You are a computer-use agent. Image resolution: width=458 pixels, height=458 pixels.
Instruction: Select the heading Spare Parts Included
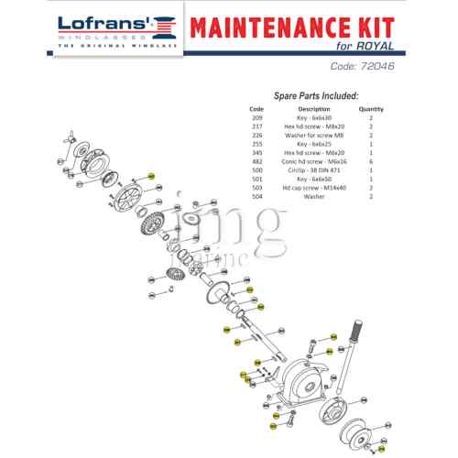coord(315,95)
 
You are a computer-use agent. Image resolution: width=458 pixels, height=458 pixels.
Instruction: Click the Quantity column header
coord(370,109)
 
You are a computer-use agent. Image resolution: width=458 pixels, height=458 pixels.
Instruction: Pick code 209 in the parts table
coord(256,118)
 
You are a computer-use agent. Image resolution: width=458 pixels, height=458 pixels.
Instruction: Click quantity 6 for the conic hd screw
coord(370,160)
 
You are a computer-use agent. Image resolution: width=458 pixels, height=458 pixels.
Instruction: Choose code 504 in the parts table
coord(256,195)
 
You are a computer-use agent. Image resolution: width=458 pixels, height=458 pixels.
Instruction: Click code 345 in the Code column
coord(256,152)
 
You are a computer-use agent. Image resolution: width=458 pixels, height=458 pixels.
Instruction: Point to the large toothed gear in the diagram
coord(150,221)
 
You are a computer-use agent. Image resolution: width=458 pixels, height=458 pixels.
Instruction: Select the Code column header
coord(256,109)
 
